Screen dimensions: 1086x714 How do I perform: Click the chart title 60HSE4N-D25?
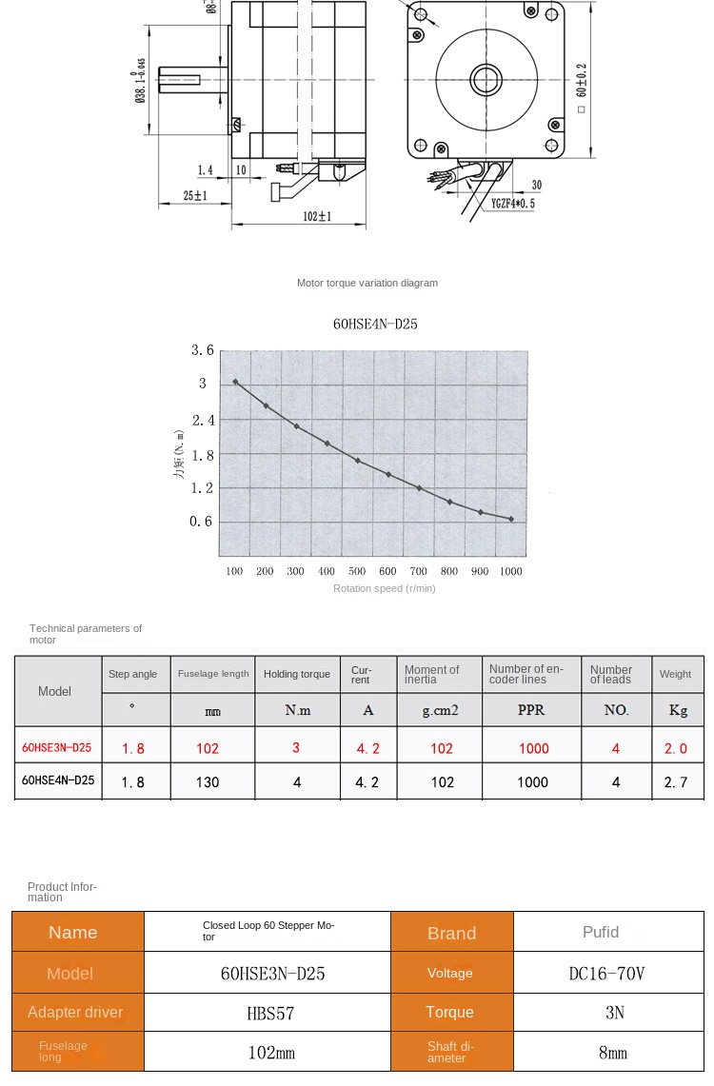point(375,325)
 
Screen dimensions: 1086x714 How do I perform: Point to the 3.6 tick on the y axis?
point(202,350)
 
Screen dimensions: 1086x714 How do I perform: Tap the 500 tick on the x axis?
point(357,571)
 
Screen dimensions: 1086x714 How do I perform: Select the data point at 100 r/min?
point(235,382)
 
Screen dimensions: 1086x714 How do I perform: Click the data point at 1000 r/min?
point(511,519)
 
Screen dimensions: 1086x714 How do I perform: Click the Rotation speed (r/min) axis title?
point(384,588)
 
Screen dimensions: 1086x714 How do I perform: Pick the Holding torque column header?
point(297,674)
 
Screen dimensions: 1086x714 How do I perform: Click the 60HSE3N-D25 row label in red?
point(57,747)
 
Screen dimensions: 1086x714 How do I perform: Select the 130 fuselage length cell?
point(208,782)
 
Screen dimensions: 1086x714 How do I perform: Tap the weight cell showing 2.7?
point(675,782)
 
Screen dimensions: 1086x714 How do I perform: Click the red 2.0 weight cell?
point(675,748)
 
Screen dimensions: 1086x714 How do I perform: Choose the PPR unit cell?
point(531,710)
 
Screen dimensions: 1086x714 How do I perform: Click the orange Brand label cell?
point(452,933)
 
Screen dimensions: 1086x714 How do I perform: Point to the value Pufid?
point(601,932)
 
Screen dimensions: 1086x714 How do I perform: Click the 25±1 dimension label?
point(195,195)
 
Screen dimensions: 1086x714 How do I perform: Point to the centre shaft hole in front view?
point(486,77)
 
